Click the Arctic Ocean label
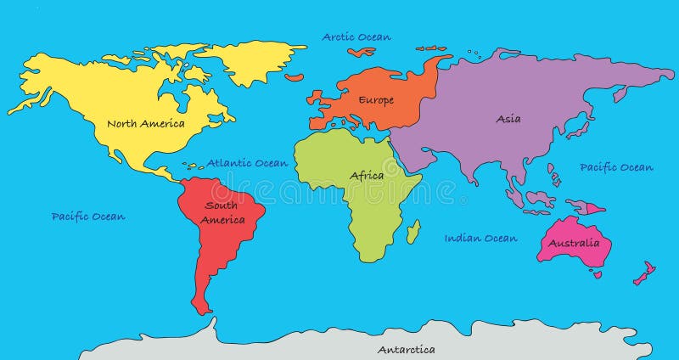356,37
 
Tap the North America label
145,123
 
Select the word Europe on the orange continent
375,100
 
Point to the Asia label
508,119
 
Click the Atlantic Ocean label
248,163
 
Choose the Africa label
367,176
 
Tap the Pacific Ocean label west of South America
88,217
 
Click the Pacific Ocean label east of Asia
616,167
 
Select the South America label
222,212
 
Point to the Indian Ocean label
480,239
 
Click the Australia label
574,244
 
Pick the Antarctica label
406,349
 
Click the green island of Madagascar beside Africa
413,231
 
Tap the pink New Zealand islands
644,273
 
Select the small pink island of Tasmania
598,274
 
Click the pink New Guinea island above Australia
586,206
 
